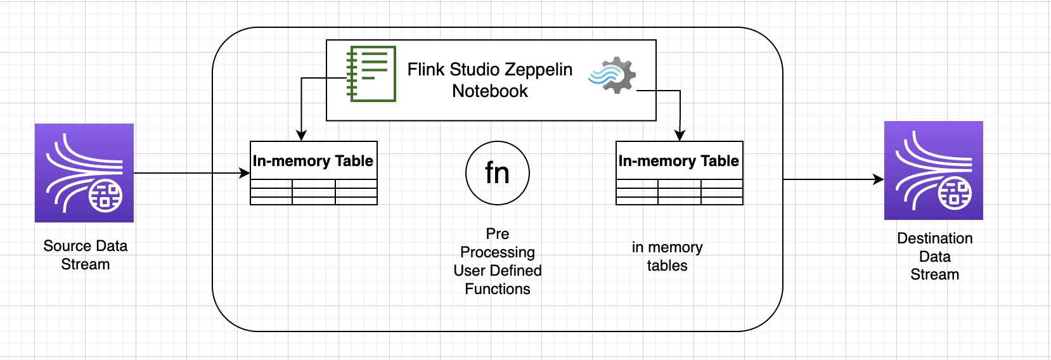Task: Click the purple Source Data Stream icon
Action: point(84,173)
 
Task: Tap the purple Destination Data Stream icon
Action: point(934,170)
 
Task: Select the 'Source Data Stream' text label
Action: point(86,255)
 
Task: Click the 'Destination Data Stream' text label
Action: point(935,256)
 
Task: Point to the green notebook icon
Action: point(372,74)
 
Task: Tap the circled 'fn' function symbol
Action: point(498,173)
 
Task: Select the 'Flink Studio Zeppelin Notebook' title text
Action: point(490,80)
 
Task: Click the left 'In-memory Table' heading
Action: point(313,161)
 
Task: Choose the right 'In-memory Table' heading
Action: point(679,161)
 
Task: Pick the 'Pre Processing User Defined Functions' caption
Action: point(498,261)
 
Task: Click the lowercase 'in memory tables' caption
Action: point(667,256)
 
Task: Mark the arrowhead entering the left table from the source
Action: point(245,173)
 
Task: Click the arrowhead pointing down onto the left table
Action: point(302,136)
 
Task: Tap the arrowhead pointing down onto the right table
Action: point(680,136)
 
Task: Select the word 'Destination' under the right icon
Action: point(935,238)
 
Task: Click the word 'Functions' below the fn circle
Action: point(498,289)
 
